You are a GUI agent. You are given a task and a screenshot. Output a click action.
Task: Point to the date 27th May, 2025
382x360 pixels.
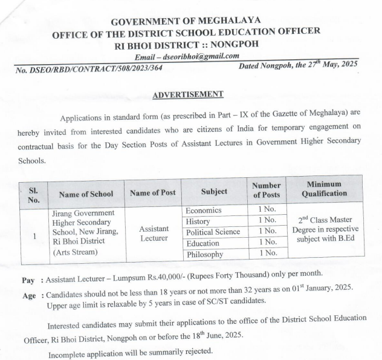328,65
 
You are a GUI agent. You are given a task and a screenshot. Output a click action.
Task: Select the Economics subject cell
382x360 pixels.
205,211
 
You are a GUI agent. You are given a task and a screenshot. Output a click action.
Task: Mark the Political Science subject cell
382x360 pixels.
213,232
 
